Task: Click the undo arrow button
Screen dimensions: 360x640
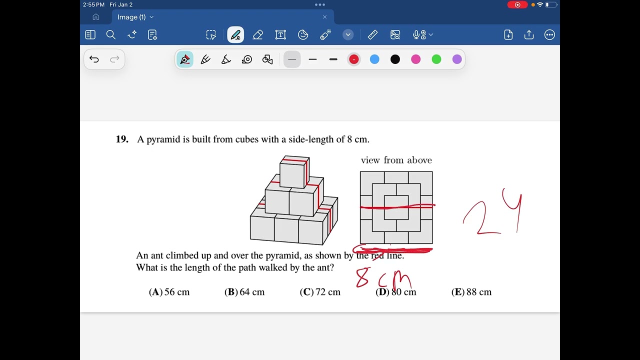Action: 94,59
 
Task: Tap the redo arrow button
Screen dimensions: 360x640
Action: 114,59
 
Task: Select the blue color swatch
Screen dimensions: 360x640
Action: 374,59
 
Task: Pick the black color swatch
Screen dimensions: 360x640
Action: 395,59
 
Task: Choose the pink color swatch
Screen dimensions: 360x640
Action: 415,59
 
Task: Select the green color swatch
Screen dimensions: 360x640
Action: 436,59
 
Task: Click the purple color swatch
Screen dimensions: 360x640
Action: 457,59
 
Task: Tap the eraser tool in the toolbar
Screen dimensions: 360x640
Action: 258,35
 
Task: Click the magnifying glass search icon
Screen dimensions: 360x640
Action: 111,35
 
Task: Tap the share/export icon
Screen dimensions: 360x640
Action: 529,35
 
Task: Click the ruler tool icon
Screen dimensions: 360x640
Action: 372,35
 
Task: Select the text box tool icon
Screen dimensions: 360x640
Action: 280,35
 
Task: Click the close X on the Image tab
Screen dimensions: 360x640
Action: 324,17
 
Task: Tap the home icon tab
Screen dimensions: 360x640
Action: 96,17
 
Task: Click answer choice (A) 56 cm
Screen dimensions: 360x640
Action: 169,292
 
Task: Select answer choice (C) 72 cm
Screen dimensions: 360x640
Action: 320,292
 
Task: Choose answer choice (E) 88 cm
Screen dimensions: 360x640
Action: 471,292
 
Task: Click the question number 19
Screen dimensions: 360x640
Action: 122,139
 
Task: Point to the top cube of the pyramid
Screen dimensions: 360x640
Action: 294,172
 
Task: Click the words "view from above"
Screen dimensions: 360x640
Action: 396,160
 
